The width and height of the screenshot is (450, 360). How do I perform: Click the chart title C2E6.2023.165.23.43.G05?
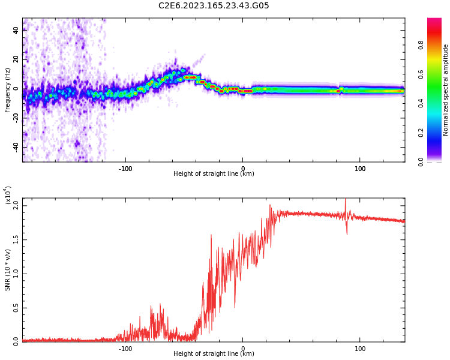point(214,6)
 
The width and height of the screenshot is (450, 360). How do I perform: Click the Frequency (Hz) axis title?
point(8,90)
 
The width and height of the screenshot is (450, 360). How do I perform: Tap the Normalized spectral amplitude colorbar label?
point(446,90)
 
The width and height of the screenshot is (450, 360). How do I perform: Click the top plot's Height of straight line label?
point(214,174)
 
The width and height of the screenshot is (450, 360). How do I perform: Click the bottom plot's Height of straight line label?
point(214,354)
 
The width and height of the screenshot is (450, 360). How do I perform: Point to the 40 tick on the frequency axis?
point(16,30)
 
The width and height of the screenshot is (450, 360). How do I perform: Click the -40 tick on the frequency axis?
point(16,147)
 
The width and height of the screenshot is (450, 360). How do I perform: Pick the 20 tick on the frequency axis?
point(16,59)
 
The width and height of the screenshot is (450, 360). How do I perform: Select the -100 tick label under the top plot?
point(125,169)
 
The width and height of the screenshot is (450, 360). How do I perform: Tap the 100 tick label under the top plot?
point(360,169)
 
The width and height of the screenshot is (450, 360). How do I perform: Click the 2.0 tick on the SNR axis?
point(16,205)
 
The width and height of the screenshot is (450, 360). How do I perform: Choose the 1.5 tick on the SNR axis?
point(16,239)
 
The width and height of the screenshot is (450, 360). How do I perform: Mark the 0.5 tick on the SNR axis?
point(16,308)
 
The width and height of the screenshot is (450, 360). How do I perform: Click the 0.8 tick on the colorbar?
point(421,44)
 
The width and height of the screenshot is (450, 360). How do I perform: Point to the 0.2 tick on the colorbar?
point(421,133)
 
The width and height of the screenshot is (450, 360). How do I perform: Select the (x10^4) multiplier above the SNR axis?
point(8,195)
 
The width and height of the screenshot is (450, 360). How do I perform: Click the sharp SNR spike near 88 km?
point(345,201)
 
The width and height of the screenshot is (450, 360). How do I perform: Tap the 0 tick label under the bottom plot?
point(243,349)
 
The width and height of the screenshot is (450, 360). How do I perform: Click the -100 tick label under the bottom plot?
point(125,349)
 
